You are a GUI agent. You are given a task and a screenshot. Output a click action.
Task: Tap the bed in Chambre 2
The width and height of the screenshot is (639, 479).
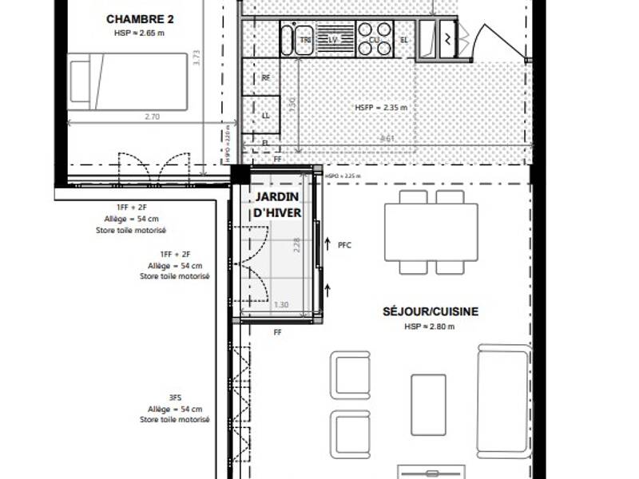click(x=128, y=81)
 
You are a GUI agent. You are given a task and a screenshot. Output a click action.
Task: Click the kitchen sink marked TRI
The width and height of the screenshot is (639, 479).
click(x=304, y=39)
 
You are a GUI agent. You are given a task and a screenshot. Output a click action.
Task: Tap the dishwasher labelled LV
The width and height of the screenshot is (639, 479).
click(x=334, y=39)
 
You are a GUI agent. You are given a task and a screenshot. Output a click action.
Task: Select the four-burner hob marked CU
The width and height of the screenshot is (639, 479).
click(x=375, y=38)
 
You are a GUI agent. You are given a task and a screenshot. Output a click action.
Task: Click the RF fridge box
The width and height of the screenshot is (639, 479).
click(x=266, y=78)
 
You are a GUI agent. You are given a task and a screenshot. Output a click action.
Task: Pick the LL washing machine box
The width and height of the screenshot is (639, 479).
click(x=266, y=115)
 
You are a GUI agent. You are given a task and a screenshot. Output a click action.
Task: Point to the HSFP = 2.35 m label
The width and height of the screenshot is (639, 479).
click(x=382, y=107)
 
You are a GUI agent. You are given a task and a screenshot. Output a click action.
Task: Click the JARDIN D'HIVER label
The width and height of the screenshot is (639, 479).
click(x=277, y=204)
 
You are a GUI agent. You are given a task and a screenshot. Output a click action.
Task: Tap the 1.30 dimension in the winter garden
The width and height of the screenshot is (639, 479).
click(x=281, y=305)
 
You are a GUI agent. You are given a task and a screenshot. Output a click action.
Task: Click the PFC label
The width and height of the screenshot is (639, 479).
click(x=344, y=245)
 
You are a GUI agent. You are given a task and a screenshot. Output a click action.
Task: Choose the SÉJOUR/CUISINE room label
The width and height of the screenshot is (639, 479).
click(x=430, y=311)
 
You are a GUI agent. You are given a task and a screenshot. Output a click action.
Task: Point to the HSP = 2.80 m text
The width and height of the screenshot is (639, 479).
click(x=430, y=327)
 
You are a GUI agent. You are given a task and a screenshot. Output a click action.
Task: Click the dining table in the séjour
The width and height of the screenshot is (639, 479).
click(x=431, y=232)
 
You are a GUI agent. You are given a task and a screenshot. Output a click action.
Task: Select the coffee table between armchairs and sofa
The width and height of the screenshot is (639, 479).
click(x=428, y=404)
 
